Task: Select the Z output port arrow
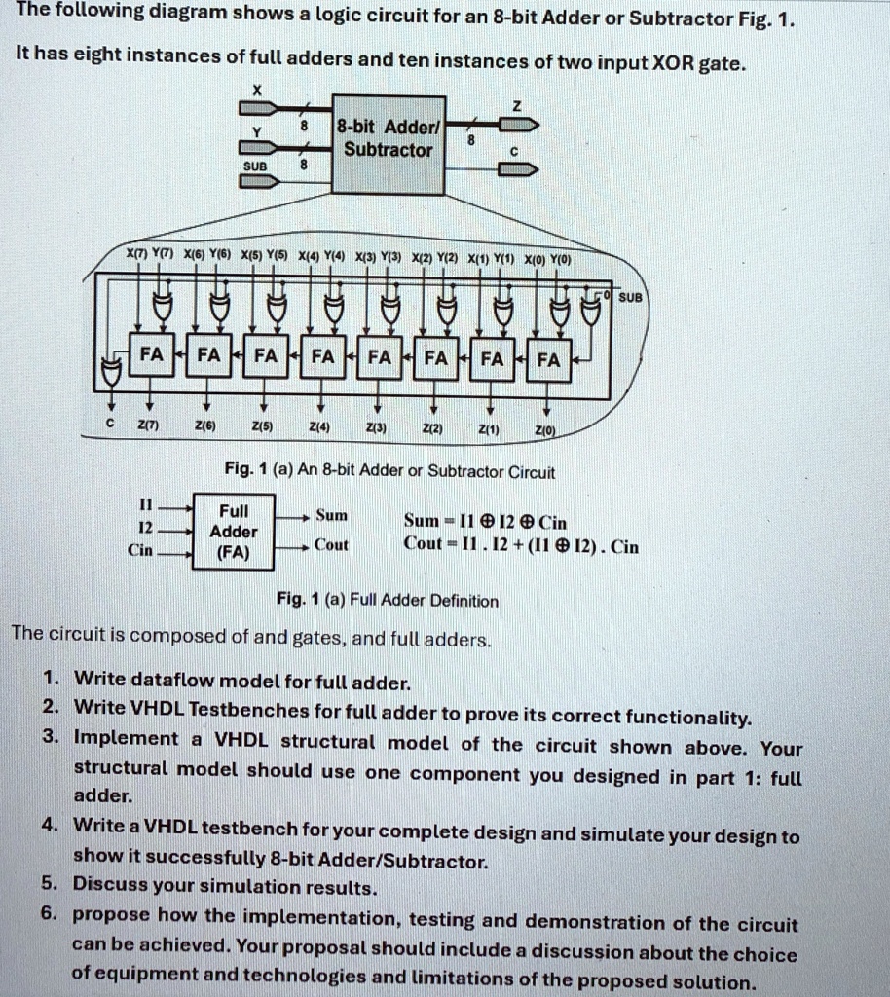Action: (516, 125)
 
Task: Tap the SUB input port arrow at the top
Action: (262, 181)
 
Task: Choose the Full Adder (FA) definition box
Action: (234, 532)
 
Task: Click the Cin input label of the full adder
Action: (141, 550)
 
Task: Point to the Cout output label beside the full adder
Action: (331, 546)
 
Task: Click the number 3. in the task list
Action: (51, 740)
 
